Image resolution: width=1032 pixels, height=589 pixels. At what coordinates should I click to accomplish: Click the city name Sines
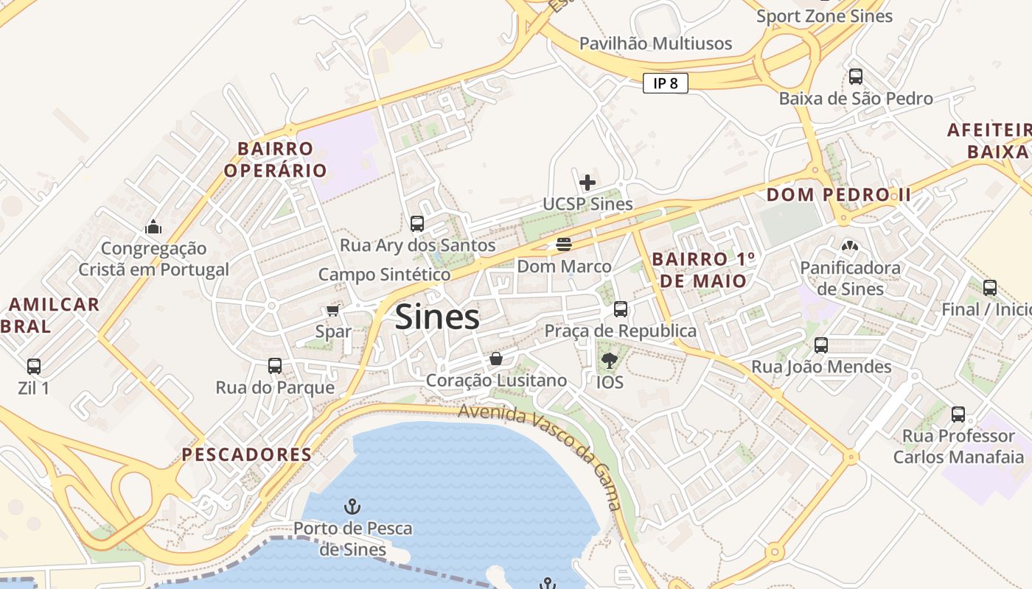(437, 317)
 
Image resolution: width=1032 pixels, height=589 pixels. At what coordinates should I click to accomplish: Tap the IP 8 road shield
(665, 83)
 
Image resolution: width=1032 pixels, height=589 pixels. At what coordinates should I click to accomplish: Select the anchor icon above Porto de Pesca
(352, 507)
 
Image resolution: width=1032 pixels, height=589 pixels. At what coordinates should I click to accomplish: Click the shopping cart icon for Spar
(332, 310)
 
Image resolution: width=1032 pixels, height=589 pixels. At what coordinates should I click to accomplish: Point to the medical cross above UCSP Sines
(588, 182)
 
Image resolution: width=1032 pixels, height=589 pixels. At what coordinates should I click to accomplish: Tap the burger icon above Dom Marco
(564, 244)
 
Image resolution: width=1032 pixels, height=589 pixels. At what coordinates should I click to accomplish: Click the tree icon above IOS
(609, 360)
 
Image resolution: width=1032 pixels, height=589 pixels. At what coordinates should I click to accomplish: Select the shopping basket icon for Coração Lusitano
(496, 359)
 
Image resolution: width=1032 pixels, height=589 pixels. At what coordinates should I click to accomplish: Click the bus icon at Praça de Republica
(621, 309)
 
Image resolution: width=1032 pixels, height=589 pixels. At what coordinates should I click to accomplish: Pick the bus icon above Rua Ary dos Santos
(417, 223)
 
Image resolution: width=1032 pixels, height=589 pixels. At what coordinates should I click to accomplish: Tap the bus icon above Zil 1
(34, 366)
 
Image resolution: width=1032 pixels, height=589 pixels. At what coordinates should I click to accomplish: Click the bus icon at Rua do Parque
(275, 365)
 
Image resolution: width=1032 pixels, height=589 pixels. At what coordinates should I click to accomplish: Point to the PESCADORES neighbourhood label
(247, 454)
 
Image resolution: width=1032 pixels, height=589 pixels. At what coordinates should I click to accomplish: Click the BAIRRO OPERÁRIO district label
(275, 160)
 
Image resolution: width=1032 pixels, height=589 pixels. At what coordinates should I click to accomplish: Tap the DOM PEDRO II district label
(839, 195)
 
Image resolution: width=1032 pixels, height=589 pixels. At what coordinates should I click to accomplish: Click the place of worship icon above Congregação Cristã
(153, 226)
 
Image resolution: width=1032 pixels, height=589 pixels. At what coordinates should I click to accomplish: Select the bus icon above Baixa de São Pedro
(856, 76)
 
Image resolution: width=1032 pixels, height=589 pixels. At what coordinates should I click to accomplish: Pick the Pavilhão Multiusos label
(655, 43)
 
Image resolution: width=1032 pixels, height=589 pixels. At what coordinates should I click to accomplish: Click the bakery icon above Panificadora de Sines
(850, 245)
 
